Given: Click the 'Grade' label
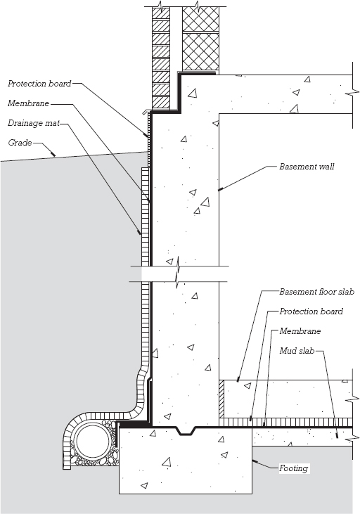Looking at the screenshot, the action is (20, 143).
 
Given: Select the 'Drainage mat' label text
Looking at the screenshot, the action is (34, 123).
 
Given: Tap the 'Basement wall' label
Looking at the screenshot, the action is (307, 167).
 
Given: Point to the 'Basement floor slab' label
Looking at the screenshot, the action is (316, 292).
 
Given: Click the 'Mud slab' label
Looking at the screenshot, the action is (297, 351).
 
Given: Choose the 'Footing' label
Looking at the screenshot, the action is (293, 468).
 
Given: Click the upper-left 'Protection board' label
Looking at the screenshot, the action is (39, 84).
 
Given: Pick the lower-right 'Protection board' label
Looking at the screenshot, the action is (311, 311).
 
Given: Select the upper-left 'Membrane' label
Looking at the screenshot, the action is (29, 103).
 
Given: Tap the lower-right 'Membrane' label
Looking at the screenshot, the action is (300, 330).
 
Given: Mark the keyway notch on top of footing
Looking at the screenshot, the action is (186, 431).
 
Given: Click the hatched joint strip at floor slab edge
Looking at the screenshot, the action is (221, 399).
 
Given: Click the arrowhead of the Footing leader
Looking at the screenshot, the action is (255, 461).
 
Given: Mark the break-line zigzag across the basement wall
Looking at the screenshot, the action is (178, 273).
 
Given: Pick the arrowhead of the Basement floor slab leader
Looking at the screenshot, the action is (238, 379).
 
